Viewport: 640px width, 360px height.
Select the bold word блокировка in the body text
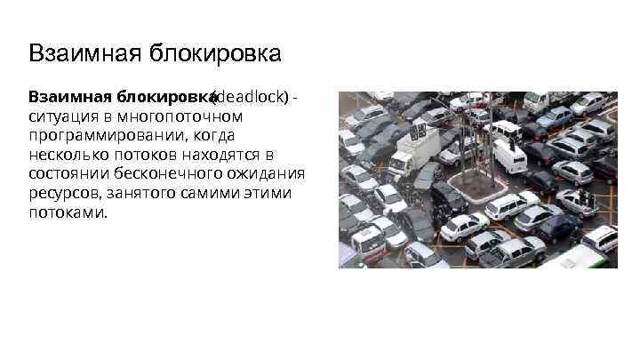[x=169, y=96]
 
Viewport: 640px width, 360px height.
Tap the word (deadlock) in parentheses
[x=252, y=96]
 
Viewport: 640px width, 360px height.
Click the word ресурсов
[x=61, y=194]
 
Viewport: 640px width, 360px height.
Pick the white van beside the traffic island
[x=509, y=156]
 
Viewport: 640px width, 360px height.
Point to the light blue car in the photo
[x=555, y=116]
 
